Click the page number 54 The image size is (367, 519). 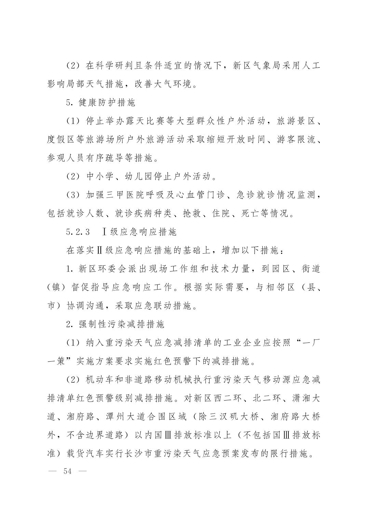(67, 471)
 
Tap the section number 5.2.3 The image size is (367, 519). (78, 232)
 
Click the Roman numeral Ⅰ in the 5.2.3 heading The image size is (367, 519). (104, 232)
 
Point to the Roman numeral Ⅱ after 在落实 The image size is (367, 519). (99, 251)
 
